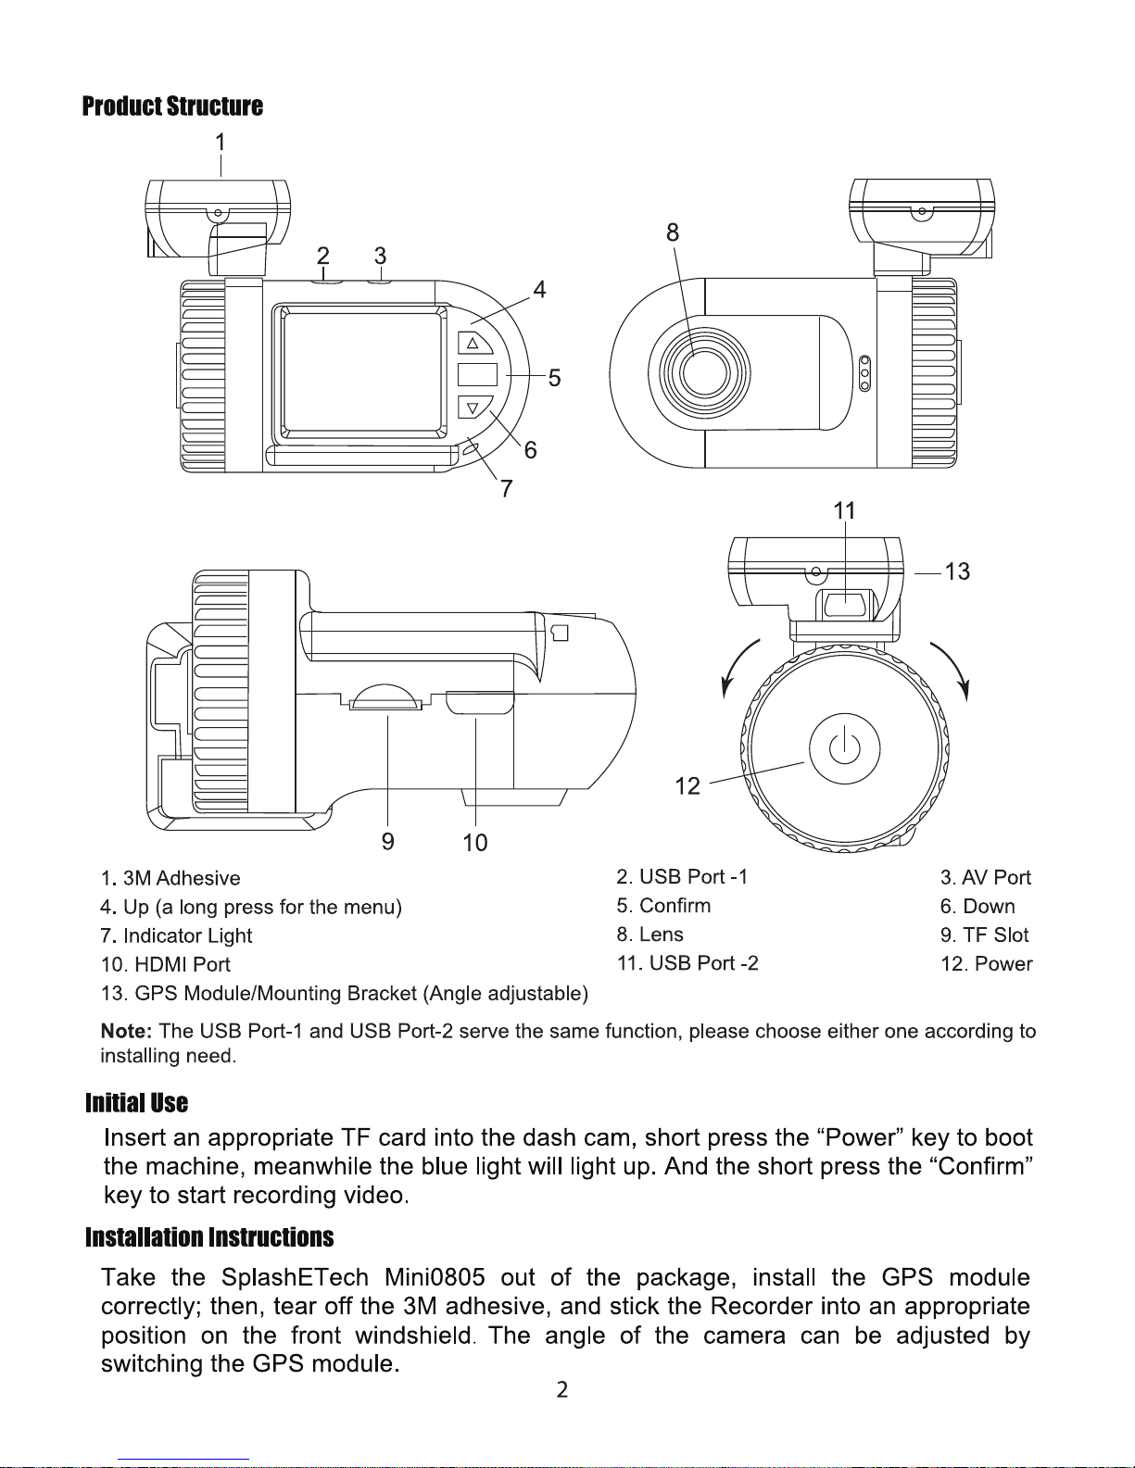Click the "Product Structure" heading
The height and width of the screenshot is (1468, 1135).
172,107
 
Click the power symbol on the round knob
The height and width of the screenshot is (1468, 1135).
844,747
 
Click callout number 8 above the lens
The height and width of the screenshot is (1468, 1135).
673,232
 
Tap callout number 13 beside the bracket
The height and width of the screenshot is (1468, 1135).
957,571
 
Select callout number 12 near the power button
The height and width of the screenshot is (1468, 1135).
687,786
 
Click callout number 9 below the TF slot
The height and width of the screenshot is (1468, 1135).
388,840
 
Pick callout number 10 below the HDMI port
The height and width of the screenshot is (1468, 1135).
475,842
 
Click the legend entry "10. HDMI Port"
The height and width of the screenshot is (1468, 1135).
165,964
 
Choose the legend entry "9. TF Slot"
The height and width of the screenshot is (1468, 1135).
984,935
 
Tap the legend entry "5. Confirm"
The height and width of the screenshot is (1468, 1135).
663,905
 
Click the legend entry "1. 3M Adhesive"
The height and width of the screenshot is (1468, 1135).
170,878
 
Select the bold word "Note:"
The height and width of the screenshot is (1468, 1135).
126,1031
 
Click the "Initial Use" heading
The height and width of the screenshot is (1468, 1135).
136,1103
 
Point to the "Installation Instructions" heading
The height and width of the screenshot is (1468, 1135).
209,1238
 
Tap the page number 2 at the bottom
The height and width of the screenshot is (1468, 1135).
561,1389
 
